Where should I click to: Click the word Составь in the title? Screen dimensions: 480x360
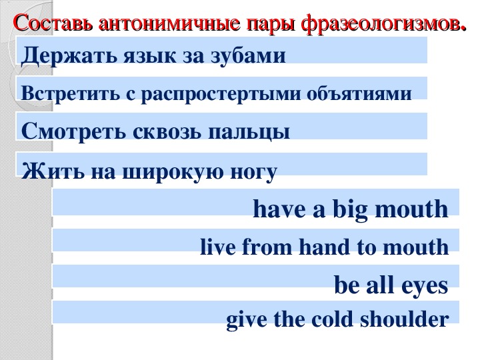click(53, 23)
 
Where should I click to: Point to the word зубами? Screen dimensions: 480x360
click(249, 56)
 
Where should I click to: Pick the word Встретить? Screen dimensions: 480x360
click(71, 93)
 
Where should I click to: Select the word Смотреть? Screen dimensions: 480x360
click(73, 131)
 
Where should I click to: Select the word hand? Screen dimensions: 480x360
click(325, 247)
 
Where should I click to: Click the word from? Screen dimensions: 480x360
click(267, 247)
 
